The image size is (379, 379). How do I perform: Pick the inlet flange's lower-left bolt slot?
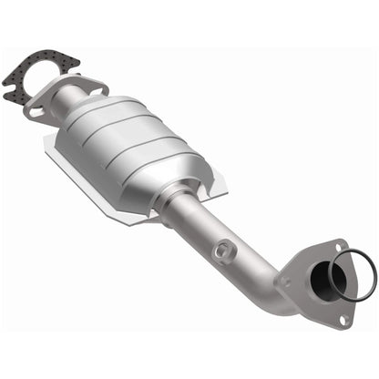click(x=36, y=110)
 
